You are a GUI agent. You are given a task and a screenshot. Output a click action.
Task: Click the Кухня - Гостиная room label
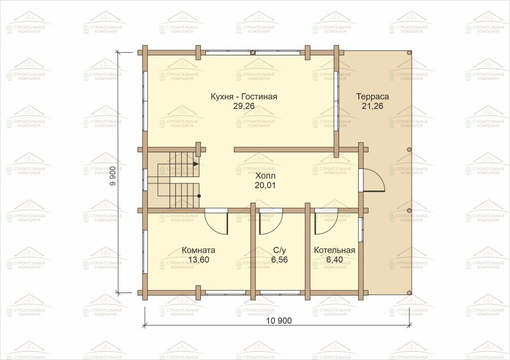(x=244, y=97)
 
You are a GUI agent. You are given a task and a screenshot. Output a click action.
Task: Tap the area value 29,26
(x=244, y=106)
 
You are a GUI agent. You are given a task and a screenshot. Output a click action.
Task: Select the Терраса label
(x=373, y=97)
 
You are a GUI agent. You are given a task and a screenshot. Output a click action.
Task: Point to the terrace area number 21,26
(x=373, y=106)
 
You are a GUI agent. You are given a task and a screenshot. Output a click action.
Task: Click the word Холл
(x=265, y=176)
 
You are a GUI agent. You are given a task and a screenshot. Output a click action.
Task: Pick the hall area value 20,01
(x=265, y=185)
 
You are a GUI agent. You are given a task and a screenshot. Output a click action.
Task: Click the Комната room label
(x=198, y=250)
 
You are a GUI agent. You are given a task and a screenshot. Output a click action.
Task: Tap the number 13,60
(x=198, y=259)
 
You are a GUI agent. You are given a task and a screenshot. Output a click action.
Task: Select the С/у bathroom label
(x=280, y=250)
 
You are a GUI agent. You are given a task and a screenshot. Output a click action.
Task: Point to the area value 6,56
(x=280, y=259)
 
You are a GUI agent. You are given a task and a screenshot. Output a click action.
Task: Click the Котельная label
(x=334, y=250)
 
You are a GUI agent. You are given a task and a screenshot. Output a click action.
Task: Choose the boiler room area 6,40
(x=334, y=259)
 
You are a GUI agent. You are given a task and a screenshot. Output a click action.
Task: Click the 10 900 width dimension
(x=279, y=320)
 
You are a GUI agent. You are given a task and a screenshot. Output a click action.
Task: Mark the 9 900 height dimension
(x=113, y=176)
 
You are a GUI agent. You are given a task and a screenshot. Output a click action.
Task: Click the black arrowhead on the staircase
(x=196, y=164)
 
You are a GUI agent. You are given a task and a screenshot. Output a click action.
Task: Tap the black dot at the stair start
(x=199, y=196)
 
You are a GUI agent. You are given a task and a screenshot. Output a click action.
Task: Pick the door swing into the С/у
(x=277, y=227)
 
